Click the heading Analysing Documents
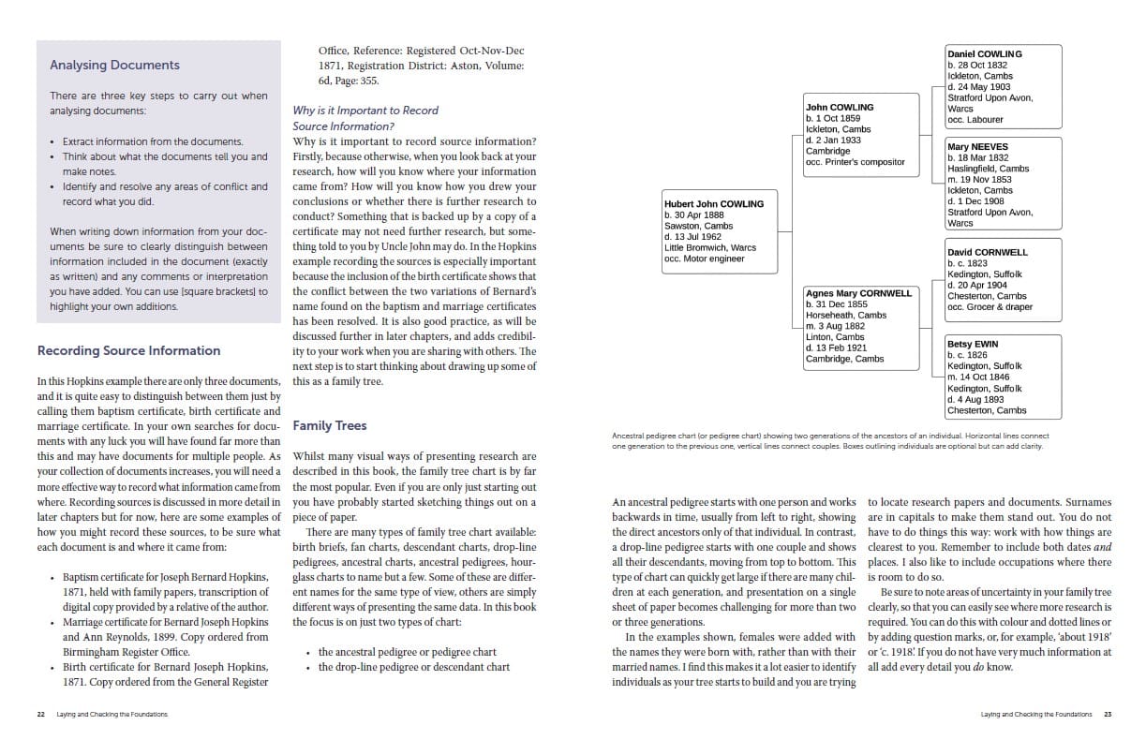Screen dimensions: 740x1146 (x=114, y=66)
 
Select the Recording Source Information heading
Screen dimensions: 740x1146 (x=128, y=350)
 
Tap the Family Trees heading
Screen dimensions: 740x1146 (x=329, y=425)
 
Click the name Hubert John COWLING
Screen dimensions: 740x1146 (x=713, y=203)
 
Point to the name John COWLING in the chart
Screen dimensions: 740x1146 (x=839, y=107)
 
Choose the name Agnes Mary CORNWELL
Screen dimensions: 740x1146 (x=858, y=293)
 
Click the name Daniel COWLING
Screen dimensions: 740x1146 (x=984, y=54)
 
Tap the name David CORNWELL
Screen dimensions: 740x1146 (x=987, y=252)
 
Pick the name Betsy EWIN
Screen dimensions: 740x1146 (x=972, y=345)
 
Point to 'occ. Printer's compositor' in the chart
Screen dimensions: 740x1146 (x=855, y=162)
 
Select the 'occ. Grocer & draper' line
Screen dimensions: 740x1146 (x=989, y=307)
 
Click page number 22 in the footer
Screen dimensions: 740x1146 (x=40, y=714)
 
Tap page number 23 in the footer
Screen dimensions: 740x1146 (x=1107, y=714)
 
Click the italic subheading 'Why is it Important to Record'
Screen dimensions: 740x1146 (x=365, y=111)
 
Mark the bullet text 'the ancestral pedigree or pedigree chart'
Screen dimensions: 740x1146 (x=407, y=652)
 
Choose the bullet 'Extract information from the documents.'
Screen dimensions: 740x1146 (x=152, y=141)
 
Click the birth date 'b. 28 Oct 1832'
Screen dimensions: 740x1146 (x=977, y=66)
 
